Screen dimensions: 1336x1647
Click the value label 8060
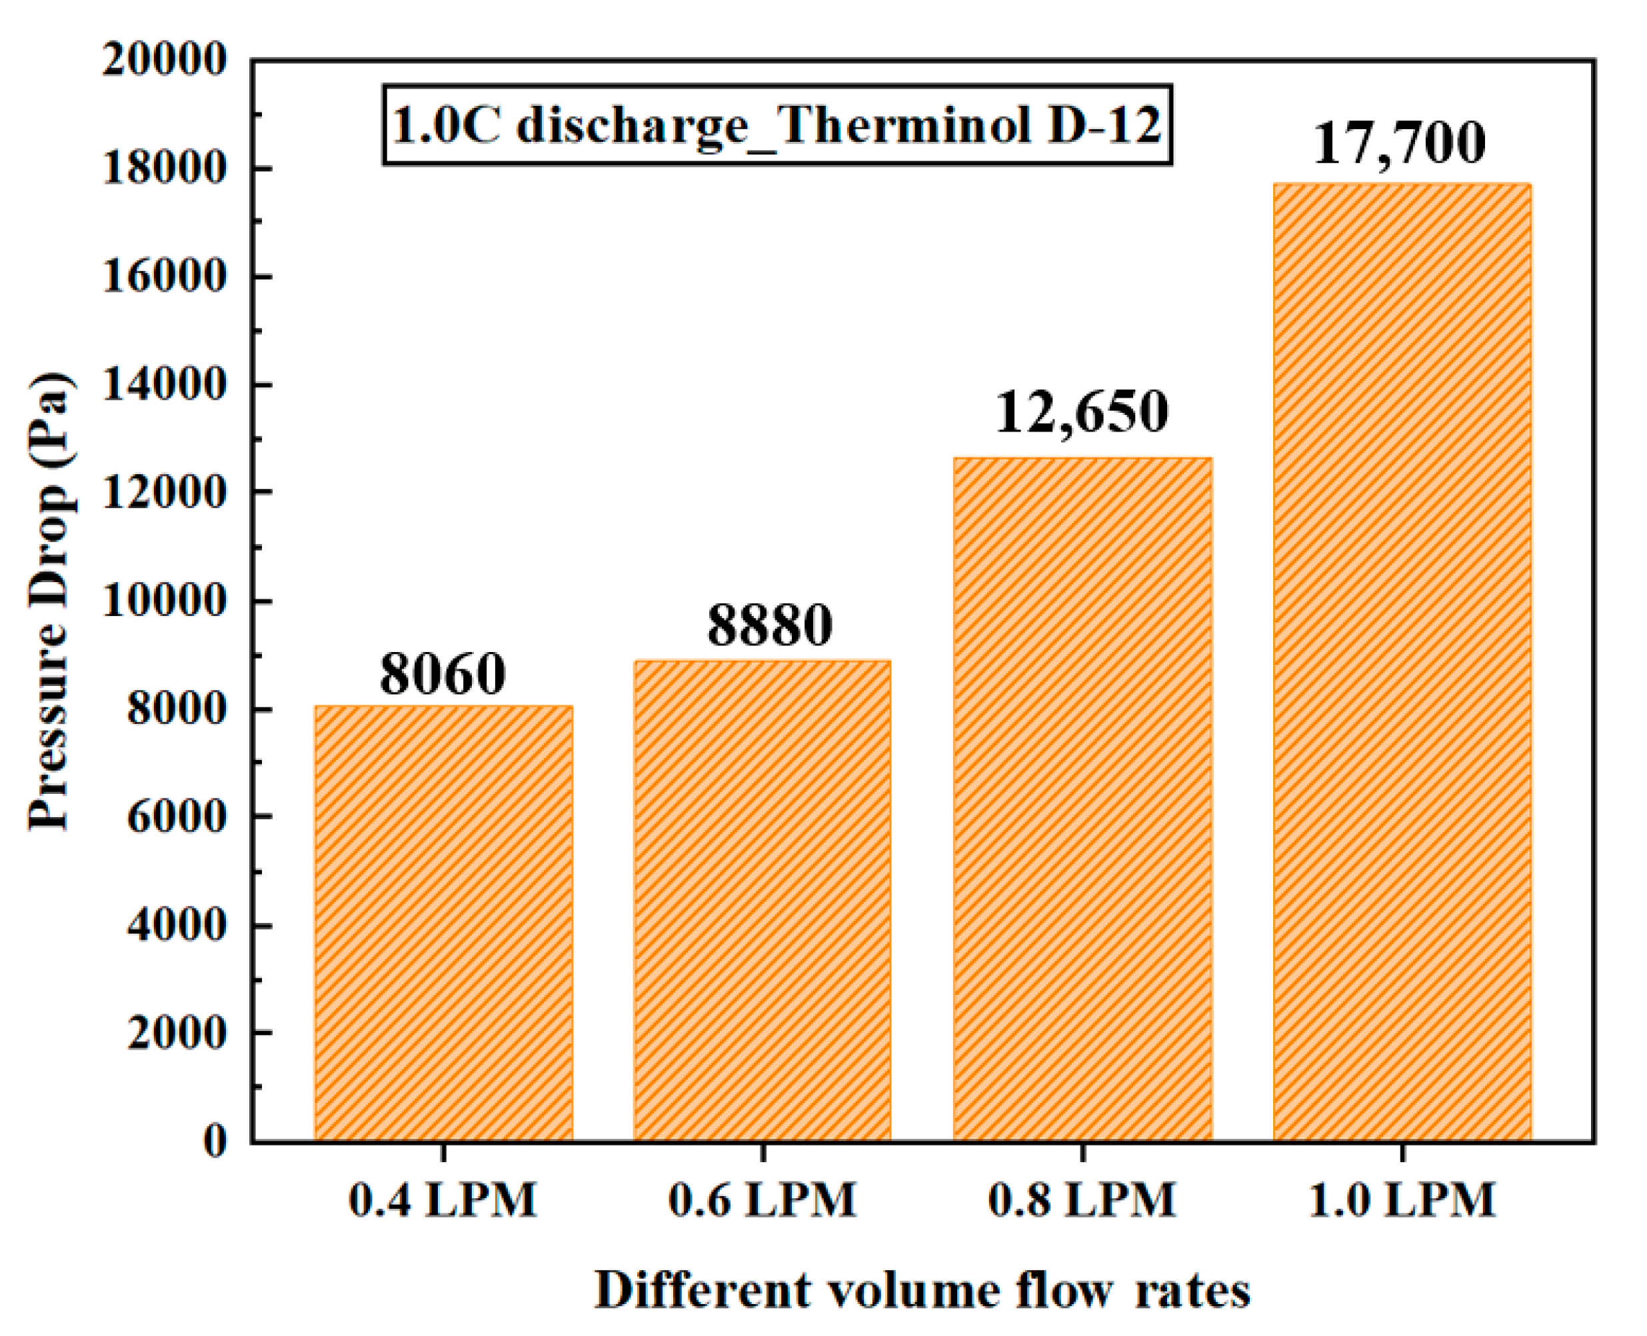tap(443, 674)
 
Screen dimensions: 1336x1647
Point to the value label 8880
tap(769, 624)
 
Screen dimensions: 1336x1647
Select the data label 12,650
tap(1082, 412)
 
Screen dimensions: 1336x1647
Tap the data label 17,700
tap(1399, 143)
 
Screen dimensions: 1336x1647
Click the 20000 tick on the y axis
tap(164, 60)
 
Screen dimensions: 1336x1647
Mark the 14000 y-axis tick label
tap(164, 385)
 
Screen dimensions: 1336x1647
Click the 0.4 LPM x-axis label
tap(443, 1199)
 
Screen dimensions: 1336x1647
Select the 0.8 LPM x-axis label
tap(1082, 1199)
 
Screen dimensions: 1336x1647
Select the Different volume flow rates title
tap(922, 1290)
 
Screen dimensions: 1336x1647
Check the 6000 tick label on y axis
tap(177, 817)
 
